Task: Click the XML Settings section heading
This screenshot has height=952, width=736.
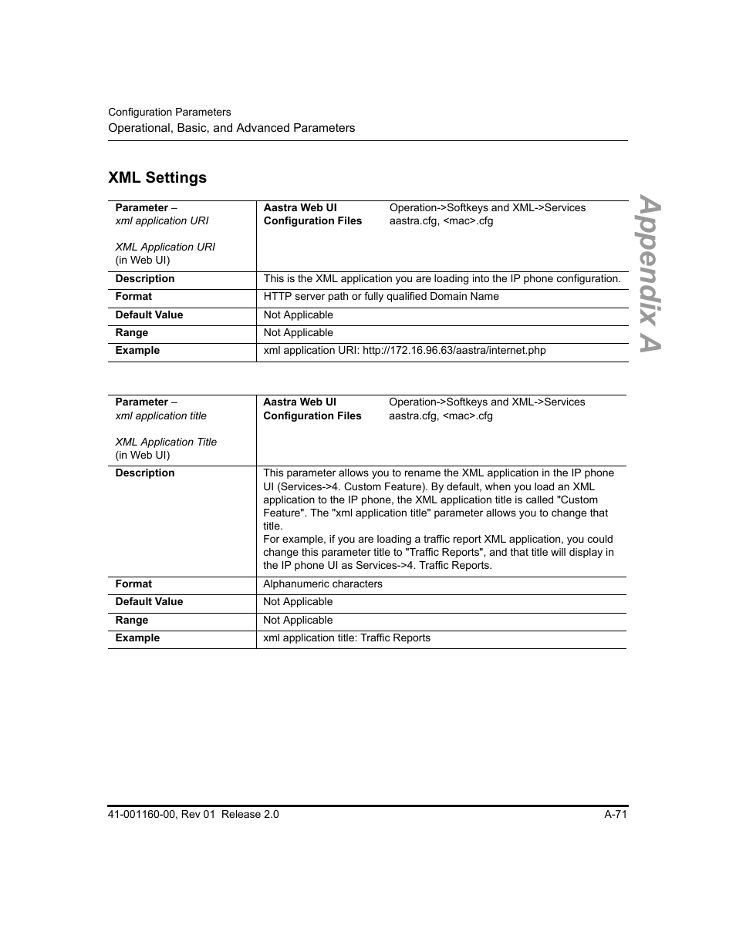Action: coord(157,177)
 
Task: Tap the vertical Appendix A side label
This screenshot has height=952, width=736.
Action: coord(650,274)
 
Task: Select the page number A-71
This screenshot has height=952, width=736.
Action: coord(615,814)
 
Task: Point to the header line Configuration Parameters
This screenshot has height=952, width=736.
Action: coord(169,112)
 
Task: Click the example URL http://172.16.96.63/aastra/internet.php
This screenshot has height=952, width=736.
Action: coord(454,350)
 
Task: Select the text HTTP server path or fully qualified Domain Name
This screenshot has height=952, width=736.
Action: coord(381,296)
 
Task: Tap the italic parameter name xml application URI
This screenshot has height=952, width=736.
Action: coord(162,220)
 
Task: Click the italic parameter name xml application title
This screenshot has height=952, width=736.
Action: coord(161,415)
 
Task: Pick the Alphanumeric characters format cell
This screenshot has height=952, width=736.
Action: coord(322,584)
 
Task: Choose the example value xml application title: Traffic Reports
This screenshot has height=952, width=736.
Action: coord(346,637)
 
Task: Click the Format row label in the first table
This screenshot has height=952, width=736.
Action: coord(133,296)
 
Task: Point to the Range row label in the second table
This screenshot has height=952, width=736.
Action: coord(132,620)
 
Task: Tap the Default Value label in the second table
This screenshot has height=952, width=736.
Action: coord(149,601)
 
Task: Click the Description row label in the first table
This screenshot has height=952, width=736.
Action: coord(145,278)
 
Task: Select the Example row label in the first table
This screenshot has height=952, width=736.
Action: coord(137,350)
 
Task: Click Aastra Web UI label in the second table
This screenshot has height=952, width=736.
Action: coord(299,402)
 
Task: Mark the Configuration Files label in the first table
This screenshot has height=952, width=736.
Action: coord(312,220)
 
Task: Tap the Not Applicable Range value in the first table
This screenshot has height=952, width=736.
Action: coord(299,332)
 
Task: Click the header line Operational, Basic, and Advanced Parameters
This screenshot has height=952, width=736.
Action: coord(231,128)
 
